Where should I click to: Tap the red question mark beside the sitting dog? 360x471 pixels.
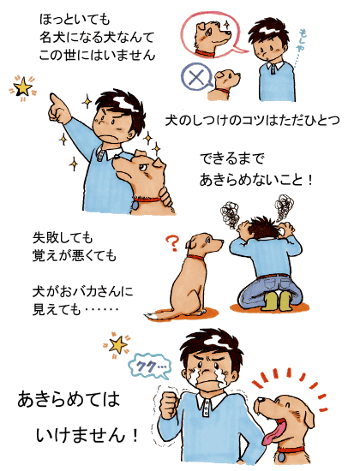pyautogui.click(x=172, y=243)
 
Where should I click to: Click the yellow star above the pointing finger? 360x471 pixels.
pyautogui.click(x=22, y=87)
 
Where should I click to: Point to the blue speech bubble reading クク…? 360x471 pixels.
pyautogui.click(x=149, y=367)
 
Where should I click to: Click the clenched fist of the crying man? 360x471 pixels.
pyautogui.click(x=171, y=404)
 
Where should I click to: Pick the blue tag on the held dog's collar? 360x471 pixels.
pyautogui.click(x=135, y=205)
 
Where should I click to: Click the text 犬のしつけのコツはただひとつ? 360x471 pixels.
pyautogui.click(x=252, y=121)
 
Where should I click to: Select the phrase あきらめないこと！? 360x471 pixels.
pyautogui.click(x=256, y=180)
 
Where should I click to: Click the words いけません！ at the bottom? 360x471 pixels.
pyautogui.click(x=87, y=435)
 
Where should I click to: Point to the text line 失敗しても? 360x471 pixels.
pyautogui.click(x=63, y=238)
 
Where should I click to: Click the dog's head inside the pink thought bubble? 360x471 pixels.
pyautogui.click(x=212, y=35)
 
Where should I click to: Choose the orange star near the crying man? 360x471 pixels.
pyautogui.click(x=117, y=345)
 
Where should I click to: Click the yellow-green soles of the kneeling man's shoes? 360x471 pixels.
pyautogui.click(x=275, y=301)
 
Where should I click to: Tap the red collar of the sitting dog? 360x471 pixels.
pyautogui.click(x=195, y=258)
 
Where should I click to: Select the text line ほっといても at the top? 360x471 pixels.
pyautogui.click(x=75, y=20)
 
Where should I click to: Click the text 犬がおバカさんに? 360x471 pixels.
pyautogui.click(x=82, y=292)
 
